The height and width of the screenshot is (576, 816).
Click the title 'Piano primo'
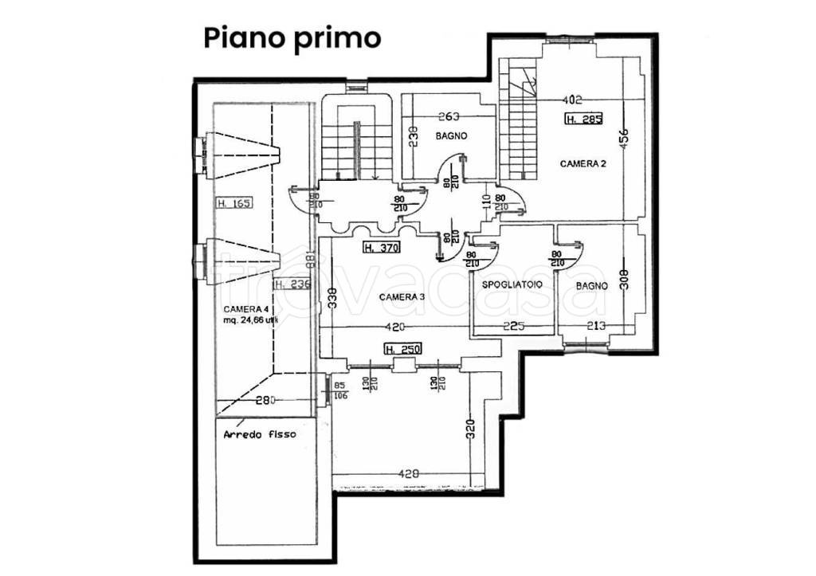pos(292,37)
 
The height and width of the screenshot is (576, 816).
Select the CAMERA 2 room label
pos(583,164)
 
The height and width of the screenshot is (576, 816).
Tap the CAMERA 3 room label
pos(402,297)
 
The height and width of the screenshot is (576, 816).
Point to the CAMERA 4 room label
pos(245,309)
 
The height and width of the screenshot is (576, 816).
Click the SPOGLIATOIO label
pos(512,284)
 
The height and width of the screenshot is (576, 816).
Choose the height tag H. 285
pos(583,120)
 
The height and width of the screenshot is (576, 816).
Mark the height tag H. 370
pos(381,248)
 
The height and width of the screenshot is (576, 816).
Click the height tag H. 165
pos(233,203)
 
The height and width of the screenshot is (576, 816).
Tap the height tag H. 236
pos(292,284)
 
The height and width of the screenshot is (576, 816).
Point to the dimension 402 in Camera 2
pos(572,100)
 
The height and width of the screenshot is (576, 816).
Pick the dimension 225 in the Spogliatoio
pos(512,325)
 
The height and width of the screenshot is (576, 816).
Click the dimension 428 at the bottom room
pos(409,474)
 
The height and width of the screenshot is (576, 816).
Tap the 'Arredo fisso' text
pos(260,435)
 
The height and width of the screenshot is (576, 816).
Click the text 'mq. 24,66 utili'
pos(253,321)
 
